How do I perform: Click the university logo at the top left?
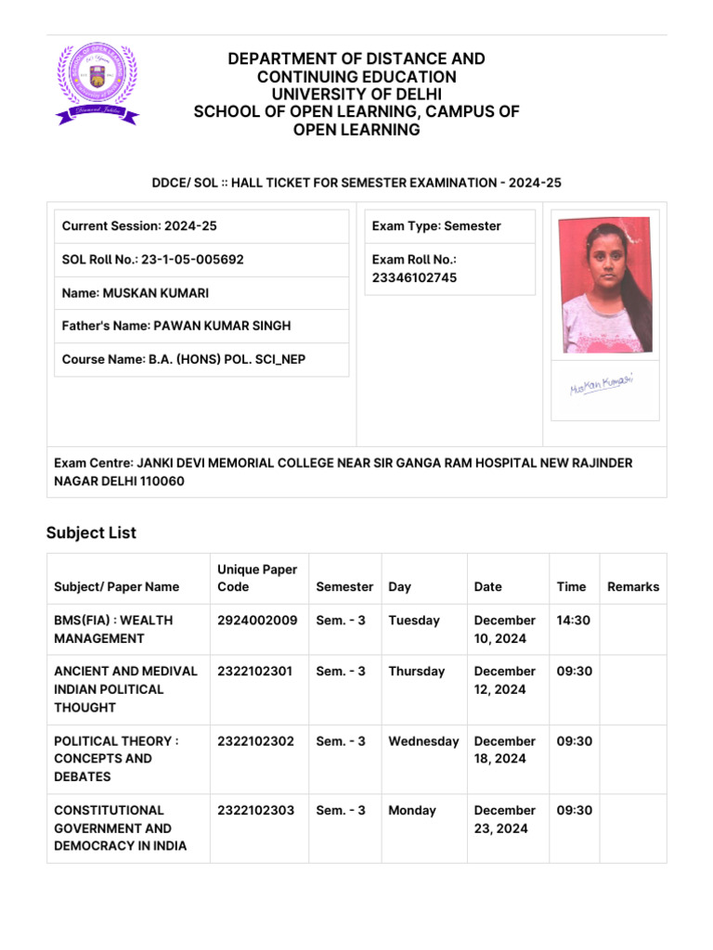[x=97, y=83]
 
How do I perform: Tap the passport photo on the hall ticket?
[x=604, y=287]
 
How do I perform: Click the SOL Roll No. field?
[x=153, y=260]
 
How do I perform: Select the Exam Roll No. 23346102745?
[x=414, y=277]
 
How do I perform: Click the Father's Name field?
[x=176, y=326]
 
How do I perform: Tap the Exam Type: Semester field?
[x=436, y=226]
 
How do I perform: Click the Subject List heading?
[x=91, y=533]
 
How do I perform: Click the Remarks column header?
[x=632, y=586]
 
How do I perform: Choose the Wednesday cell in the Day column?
[x=423, y=741]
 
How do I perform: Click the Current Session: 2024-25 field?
[x=139, y=226]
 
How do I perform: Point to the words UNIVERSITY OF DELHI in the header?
[x=356, y=95]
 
